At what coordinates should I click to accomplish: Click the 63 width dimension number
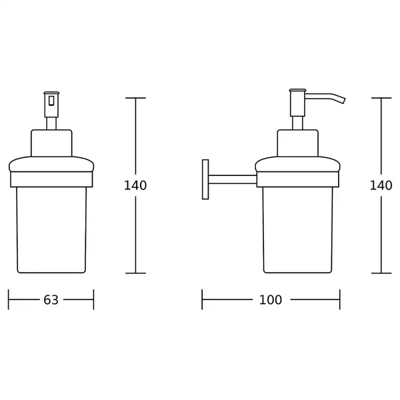(51, 300)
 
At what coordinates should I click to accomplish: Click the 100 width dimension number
(271, 300)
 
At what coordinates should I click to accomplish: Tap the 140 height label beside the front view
(135, 185)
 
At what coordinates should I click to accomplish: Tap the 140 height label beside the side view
(381, 185)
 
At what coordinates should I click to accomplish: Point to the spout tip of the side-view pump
(344, 101)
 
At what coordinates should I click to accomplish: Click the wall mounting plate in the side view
(205, 179)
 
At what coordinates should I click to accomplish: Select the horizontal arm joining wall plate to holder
(233, 179)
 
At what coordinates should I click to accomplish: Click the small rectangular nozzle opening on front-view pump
(51, 101)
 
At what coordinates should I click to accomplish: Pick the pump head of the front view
(51, 105)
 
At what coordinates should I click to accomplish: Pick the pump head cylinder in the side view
(297, 103)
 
